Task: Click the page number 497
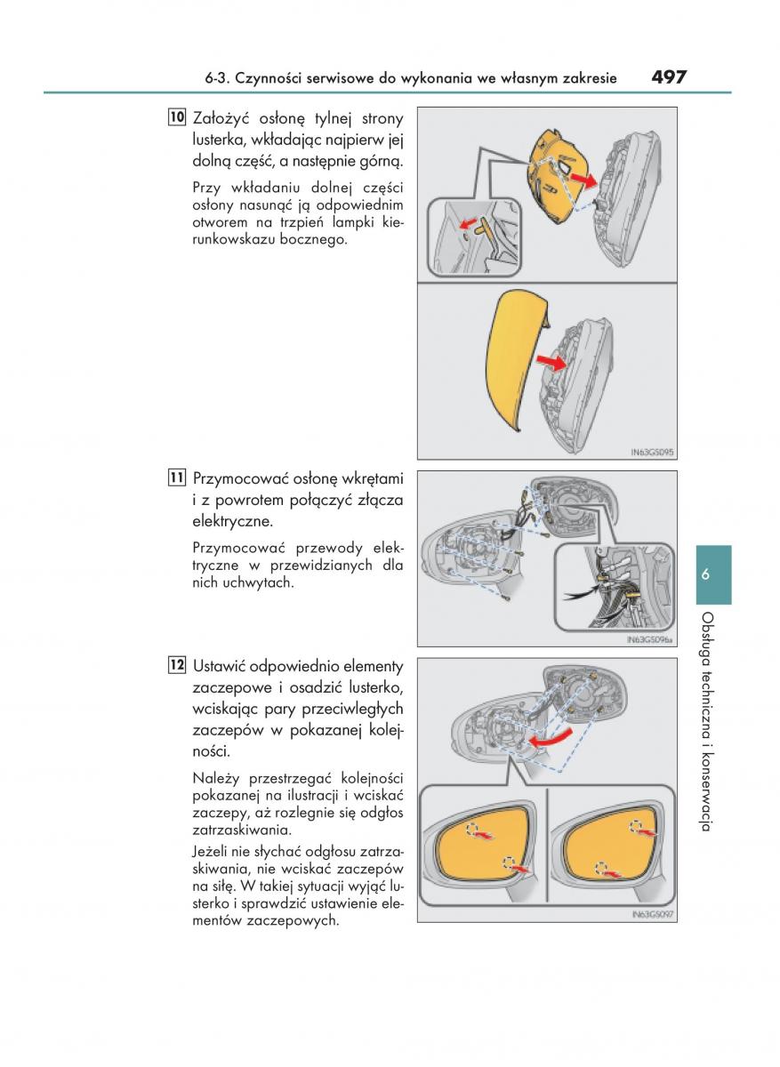click(x=669, y=76)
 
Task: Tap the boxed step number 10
click(x=176, y=117)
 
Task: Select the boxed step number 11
click(x=176, y=477)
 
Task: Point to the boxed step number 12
click(x=176, y=665)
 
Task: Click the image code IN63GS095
click(x=652, y=453)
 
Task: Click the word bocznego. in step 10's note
click(x=311, y=240)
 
